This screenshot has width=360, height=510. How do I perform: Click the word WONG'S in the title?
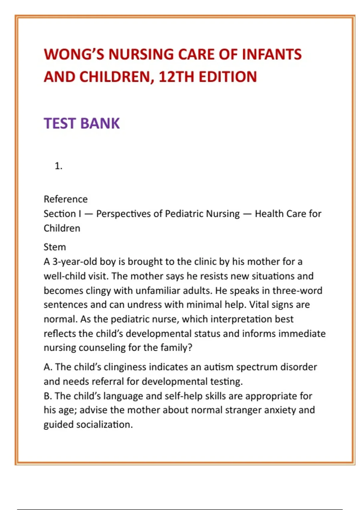[x=73, y=55]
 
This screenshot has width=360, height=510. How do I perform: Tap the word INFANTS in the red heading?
[x=271, y=55]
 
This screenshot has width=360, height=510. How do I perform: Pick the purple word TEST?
[x=60, y=123]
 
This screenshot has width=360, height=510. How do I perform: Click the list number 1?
[x=58, y=166]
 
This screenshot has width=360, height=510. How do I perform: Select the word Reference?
[x=66, y=199]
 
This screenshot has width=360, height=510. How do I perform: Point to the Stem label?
[x=55, y=247]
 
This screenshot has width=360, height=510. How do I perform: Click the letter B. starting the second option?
[x=48, y=396]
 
